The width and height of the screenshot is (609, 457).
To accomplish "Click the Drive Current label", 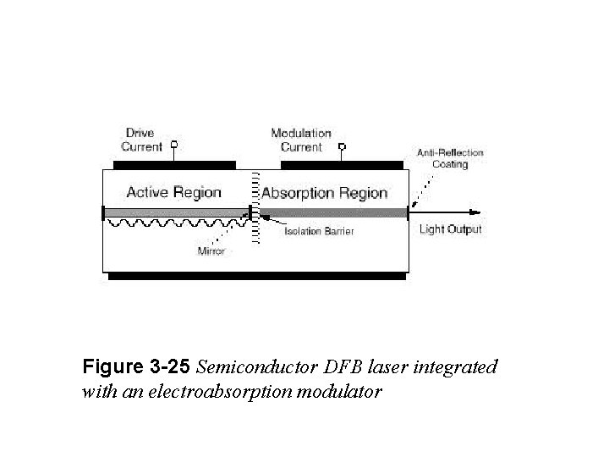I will [142, 140].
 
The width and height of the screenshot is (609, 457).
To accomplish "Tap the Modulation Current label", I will [300, 140].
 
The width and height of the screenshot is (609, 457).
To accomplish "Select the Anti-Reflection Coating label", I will [450, 158].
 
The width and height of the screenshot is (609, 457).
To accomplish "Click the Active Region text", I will [173, 192].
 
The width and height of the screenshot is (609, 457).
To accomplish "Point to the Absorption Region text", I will [324, 193].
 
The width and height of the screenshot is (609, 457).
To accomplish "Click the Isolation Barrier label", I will [319, 231].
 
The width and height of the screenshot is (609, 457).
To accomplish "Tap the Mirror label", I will [211, 251].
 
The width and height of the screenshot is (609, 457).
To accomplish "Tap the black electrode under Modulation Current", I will [342, 164].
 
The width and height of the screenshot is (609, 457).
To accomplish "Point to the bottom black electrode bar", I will [258, 276].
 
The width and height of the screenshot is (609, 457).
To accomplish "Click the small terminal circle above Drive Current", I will [175, 144].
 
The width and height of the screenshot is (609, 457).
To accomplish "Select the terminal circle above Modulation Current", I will [342, 145].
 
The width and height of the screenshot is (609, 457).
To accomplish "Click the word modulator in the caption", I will [342, 392].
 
